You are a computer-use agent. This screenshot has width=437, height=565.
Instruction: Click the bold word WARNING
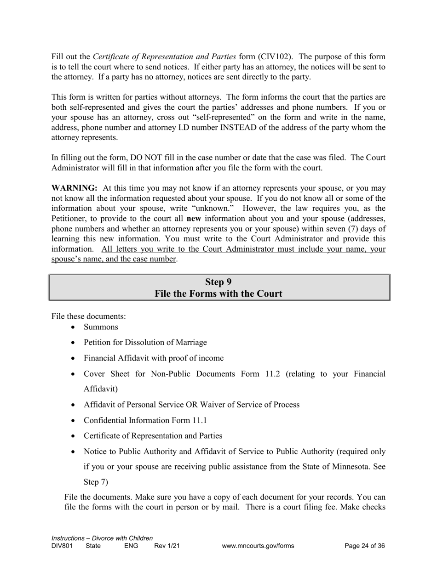(74, 188)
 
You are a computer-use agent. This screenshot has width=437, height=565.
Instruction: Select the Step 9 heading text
(218, 282)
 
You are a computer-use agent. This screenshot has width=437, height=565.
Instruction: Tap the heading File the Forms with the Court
(218, 294)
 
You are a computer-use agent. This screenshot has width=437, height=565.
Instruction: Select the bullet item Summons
(101, 327)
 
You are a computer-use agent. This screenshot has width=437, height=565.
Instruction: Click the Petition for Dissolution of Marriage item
(145, 342)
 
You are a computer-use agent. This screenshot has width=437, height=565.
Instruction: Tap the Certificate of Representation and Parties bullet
(153, 435)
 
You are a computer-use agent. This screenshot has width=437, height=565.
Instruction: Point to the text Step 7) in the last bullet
(96, 482)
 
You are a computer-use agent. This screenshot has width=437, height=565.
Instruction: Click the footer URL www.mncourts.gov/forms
(258, 546)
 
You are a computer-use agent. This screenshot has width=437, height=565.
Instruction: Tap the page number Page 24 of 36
(364, 546)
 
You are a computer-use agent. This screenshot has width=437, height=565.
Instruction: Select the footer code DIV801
(62, 546)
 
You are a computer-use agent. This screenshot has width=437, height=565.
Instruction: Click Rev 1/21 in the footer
(167, 546)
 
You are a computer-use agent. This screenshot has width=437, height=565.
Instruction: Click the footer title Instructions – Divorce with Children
(102, 538)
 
